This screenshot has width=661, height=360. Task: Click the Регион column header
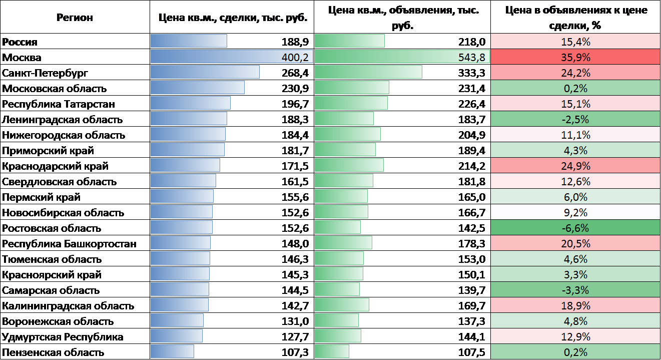(x=75, y=18)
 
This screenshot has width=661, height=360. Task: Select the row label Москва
(x=22, y=57)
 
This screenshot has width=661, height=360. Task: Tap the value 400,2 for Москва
(x=295, y=57)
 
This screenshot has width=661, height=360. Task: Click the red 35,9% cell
(x=575, y=57)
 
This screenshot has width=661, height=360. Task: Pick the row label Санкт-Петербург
(x=45, y=73)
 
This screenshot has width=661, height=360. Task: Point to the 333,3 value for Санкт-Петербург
(x=471, y=73)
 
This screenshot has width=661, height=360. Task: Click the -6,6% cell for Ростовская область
(x=575, y=228)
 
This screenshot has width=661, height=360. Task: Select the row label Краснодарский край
(x=55, y=166)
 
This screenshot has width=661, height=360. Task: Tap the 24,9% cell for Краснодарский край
(x=575, y=166)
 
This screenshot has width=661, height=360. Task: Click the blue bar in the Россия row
(x=189, y=41)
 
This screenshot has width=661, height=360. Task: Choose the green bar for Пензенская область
(x=332, y=351)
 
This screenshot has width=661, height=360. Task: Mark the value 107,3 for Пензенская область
(x=295, y=352)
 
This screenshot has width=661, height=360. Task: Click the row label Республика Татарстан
(x=59, y=104)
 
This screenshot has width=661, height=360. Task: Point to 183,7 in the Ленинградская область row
(x=471, y=119)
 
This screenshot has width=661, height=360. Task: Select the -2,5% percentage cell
(x=575, y=119)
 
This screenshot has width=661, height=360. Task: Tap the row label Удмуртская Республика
(x=63, y=336)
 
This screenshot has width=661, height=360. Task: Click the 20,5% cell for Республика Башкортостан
(x=575, y=244)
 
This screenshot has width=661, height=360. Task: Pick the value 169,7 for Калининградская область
(x=471, y=305)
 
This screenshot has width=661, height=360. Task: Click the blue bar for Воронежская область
(x=177, y=320)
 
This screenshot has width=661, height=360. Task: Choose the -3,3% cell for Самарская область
(x=575, y=290)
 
